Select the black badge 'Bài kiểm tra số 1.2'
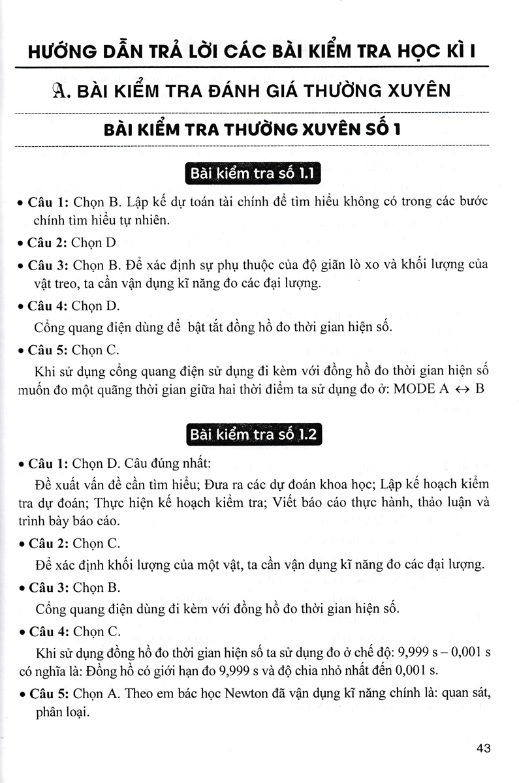pyautogui.click(x=253, y=435)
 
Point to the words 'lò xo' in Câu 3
pyautogui.click(x=383, y=265)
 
